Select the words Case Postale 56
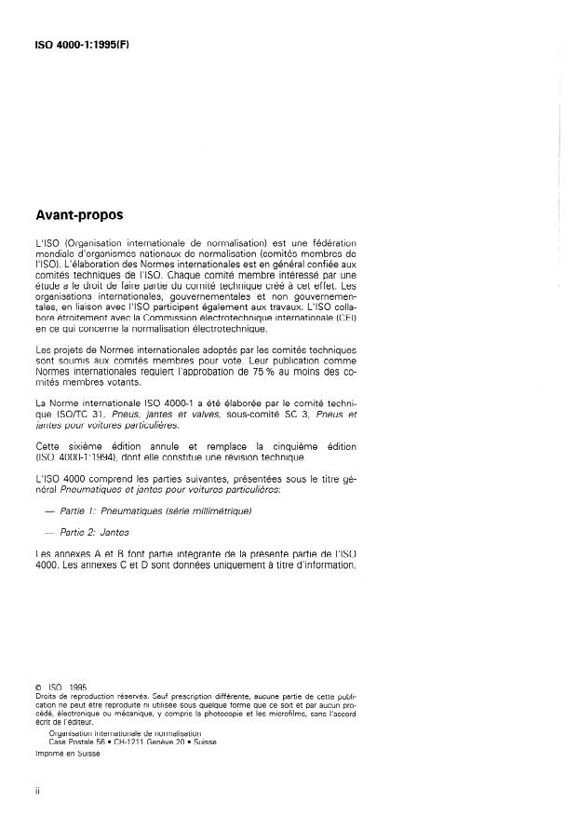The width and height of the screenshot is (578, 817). [x=76, y=742]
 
